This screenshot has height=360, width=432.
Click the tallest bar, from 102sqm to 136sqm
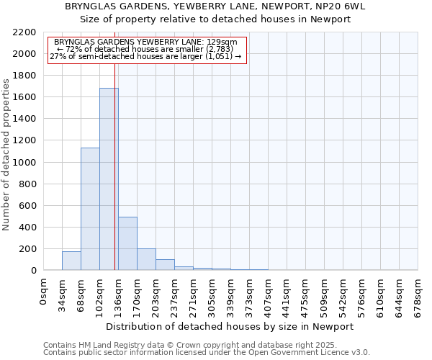(x=109, y=179)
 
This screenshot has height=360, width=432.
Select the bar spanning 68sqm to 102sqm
(x=90, y=209)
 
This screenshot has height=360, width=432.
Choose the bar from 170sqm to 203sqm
(x=146, y=259)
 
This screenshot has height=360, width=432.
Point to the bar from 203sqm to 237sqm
(x=165, y=264)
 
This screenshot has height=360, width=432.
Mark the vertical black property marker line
(x=115, y=166)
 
